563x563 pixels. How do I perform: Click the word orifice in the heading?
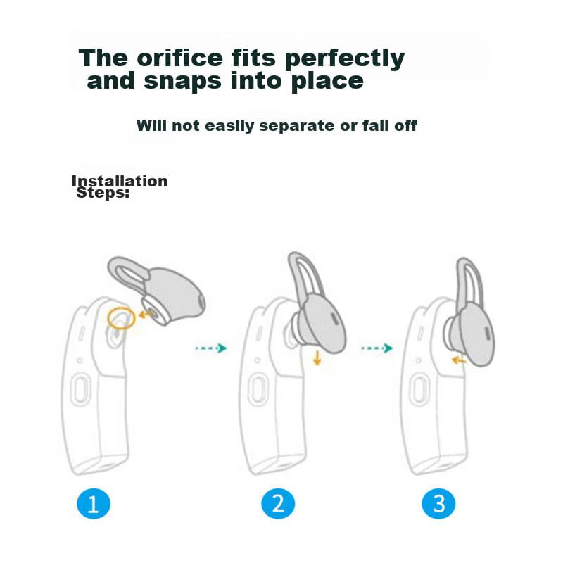click(180, 58)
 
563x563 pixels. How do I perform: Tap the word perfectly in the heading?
click(345, 59)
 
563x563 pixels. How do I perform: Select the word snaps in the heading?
click(182, 82)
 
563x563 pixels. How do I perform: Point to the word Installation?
click(120, 181)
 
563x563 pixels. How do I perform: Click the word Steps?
click(102, 193)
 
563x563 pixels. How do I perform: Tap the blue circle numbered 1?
click(94, 503)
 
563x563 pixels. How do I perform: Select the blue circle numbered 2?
click(278, 503)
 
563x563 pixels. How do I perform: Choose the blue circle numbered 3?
click(438, 503)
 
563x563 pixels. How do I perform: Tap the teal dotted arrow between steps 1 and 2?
click(210, 348)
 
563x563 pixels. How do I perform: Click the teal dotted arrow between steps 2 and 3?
click(377, 348)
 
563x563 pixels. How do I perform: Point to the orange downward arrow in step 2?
click(317, 358)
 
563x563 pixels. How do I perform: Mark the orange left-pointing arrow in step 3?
click(459, 360)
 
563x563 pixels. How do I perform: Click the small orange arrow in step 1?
click(145, 315)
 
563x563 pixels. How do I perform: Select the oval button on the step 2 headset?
click(258, 391)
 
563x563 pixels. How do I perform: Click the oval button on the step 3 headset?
click(418, 391)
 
